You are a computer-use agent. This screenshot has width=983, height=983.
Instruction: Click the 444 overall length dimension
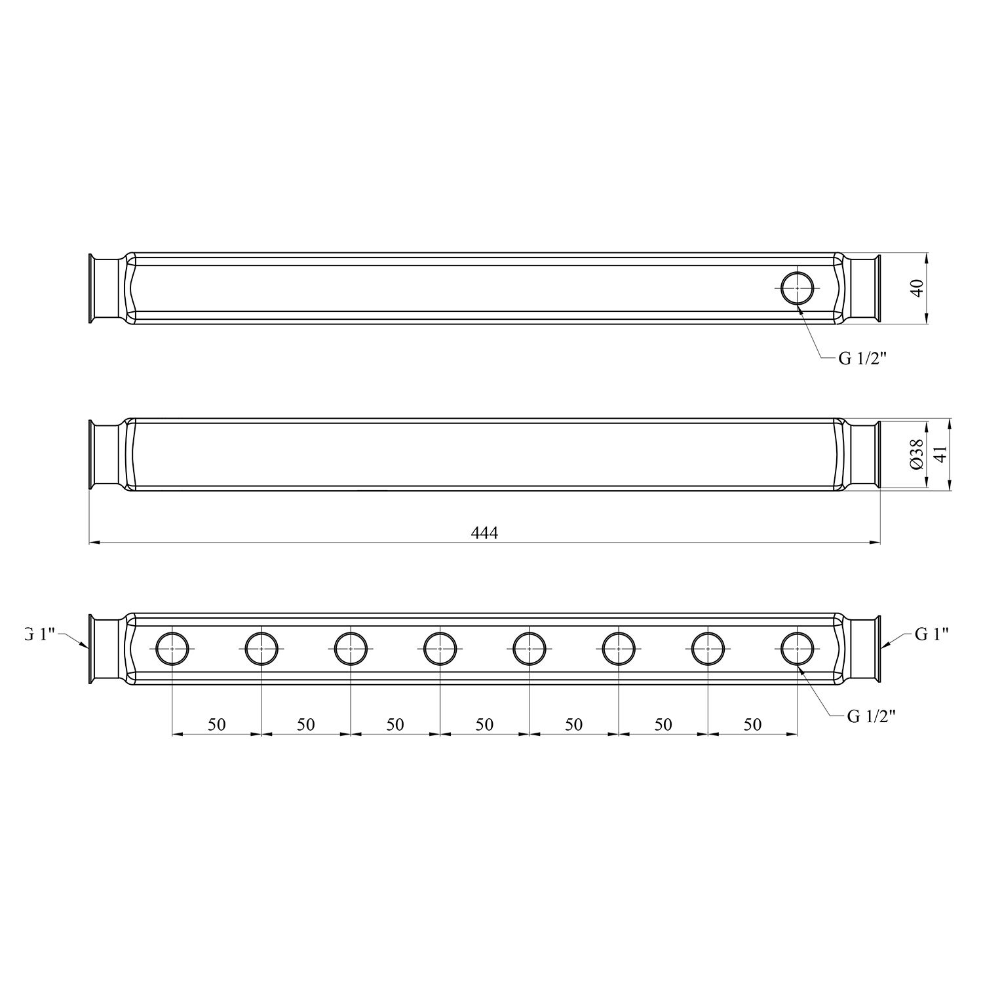click(484, 533)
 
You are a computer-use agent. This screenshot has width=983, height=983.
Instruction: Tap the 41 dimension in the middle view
click(940, 454)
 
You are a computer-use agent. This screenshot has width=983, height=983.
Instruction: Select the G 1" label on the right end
click(932, 634)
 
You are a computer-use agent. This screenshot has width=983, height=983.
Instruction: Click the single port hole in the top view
click(798, 288)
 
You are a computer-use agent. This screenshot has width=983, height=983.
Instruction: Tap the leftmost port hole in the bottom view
click(172, 648)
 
